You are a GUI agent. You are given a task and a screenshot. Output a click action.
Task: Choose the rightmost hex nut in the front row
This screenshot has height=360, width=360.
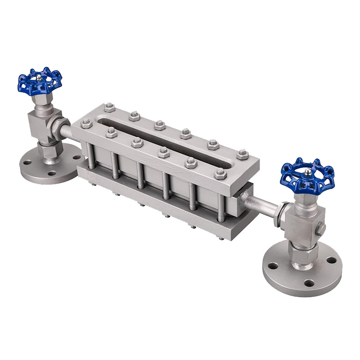220,174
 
